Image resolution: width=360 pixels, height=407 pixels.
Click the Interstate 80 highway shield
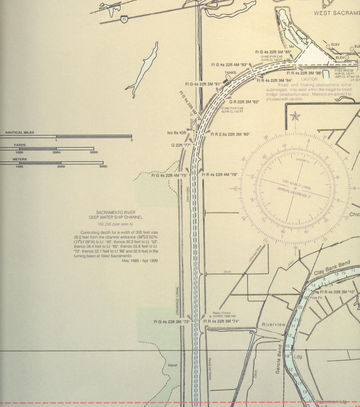tap(124, 19)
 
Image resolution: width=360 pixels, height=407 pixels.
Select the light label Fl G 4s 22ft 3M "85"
tap(273, 52)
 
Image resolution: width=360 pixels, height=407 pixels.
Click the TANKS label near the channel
tap(230, 73)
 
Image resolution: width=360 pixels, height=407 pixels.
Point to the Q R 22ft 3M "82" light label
tap(244, 102)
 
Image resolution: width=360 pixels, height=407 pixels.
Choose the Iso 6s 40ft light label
tap(177, 133)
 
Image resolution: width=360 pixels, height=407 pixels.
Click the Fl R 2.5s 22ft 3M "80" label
tap(230, 134)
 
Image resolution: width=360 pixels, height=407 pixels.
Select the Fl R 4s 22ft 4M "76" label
tap(220, 175)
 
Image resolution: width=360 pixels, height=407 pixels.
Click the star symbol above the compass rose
tap(295, 116)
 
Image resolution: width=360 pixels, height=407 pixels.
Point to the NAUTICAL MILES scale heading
tap(20, 133)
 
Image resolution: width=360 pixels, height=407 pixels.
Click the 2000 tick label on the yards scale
tap(57, 152)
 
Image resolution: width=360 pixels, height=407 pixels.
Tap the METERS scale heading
tap(20, 159)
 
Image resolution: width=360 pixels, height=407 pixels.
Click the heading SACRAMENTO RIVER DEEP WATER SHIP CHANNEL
tap(116, 215)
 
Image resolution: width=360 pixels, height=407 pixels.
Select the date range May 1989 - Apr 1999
tap(140, 261)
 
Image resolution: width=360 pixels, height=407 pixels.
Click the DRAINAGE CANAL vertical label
tap(178, 301)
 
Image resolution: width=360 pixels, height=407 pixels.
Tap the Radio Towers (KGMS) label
tap(222, 315)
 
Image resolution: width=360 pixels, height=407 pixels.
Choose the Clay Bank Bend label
tap(332, 268)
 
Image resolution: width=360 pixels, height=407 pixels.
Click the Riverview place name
tap(274, 325)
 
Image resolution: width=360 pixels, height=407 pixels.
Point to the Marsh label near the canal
tap(173, 365)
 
